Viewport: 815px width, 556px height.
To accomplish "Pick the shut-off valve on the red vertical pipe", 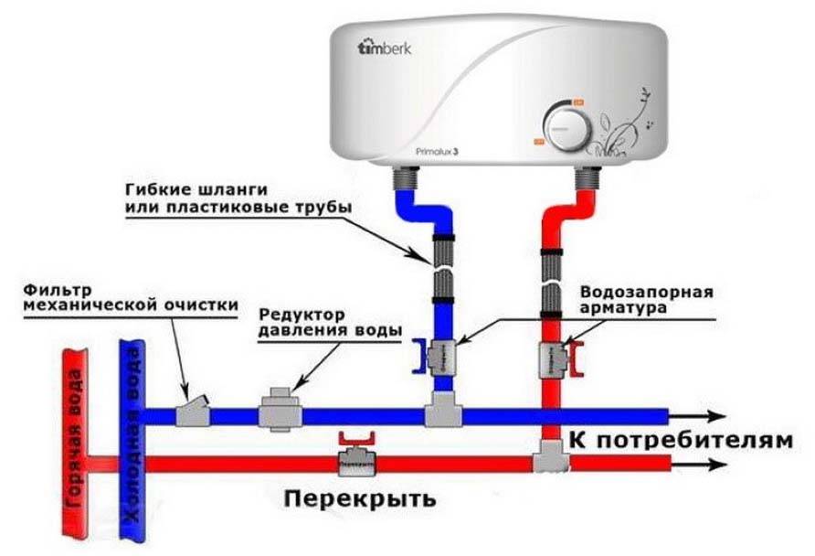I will tap(554, 356).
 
